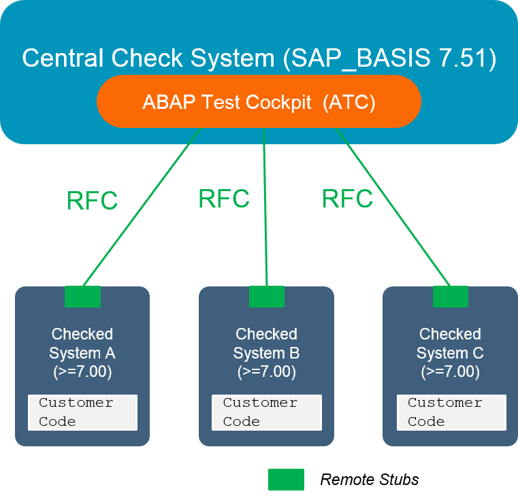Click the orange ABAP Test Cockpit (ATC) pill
(259, 102)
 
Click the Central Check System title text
(259, 58)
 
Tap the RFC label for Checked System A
(92, 201)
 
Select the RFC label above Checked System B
(223, 199)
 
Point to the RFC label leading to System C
(347, 199)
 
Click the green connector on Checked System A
(82, 297)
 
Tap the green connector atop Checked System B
(266, 297)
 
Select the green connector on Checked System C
(451, 297)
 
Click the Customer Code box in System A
(82, 412)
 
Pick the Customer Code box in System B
(266, 412)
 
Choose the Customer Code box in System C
(451, 412)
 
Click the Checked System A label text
(82, 344)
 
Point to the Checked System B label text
(266, 344)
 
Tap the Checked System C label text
(450, 344)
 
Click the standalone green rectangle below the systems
(286, 479)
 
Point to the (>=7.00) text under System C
(450, 372)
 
